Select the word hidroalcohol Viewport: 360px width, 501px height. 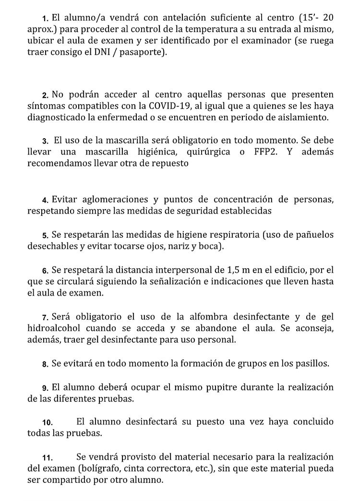(54, 329)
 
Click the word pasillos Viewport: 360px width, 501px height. (309, 364)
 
